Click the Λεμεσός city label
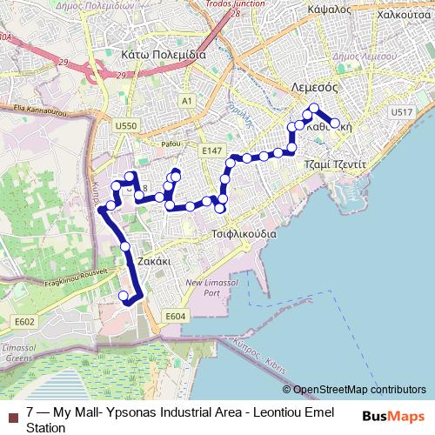(x=324, y=89)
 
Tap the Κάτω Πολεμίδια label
(x=160, y=54)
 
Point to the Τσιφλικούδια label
(x=244, y=234)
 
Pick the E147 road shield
(x=211, y=151)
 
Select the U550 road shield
(x=126, y=127)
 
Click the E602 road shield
(x=24, y=322)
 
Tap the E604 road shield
(x=175, y=316)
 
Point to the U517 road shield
(x=402, y=113)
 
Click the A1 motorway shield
(x=187, y=102)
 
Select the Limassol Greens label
(x=18, y=352)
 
